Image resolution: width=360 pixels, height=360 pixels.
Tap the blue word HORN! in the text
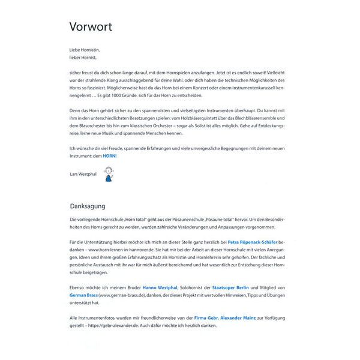(109, 156)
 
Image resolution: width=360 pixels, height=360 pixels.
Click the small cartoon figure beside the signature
(109, 174)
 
